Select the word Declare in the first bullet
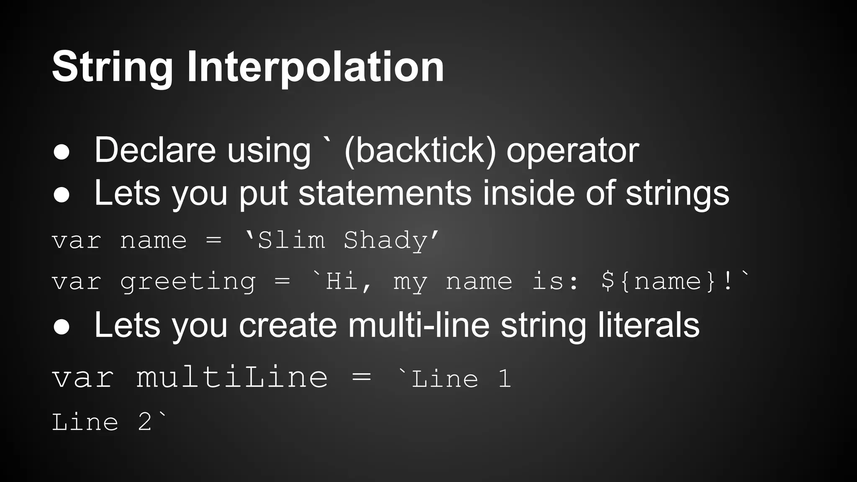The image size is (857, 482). click(x=155, y=151)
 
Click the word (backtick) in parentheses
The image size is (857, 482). click(x=420, y=151)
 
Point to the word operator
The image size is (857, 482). click(x=572, y=151)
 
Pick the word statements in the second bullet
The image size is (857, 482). click(x=385, y=193)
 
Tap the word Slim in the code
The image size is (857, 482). click(x=291, y=241)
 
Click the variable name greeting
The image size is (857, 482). click(x=187, y=282)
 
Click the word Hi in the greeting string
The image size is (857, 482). click(x=341, y=281)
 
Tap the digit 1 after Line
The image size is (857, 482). click(x=505, y=379)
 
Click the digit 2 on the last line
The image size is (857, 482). click(x=145, y=422)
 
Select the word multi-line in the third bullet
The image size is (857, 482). click(x=418, y=326)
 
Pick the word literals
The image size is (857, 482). click(x=648, y=326)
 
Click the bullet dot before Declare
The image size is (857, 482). click(x=62, y=152)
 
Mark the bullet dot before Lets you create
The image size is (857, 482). click(x=62, y=327)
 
